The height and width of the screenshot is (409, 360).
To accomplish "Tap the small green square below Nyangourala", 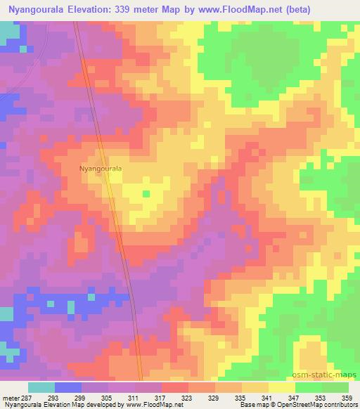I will click(x=146, y=193).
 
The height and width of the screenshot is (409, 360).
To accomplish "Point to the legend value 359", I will click(x=347, y=397).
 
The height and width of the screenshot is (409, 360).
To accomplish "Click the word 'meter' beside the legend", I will click(x=9, y=397).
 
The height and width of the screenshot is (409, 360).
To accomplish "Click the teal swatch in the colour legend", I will click(x=41, y=387).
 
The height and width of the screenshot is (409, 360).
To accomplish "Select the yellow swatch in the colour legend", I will click(x=281, y=387).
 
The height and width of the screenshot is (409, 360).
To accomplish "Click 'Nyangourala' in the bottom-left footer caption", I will click(x=20, y=405).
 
